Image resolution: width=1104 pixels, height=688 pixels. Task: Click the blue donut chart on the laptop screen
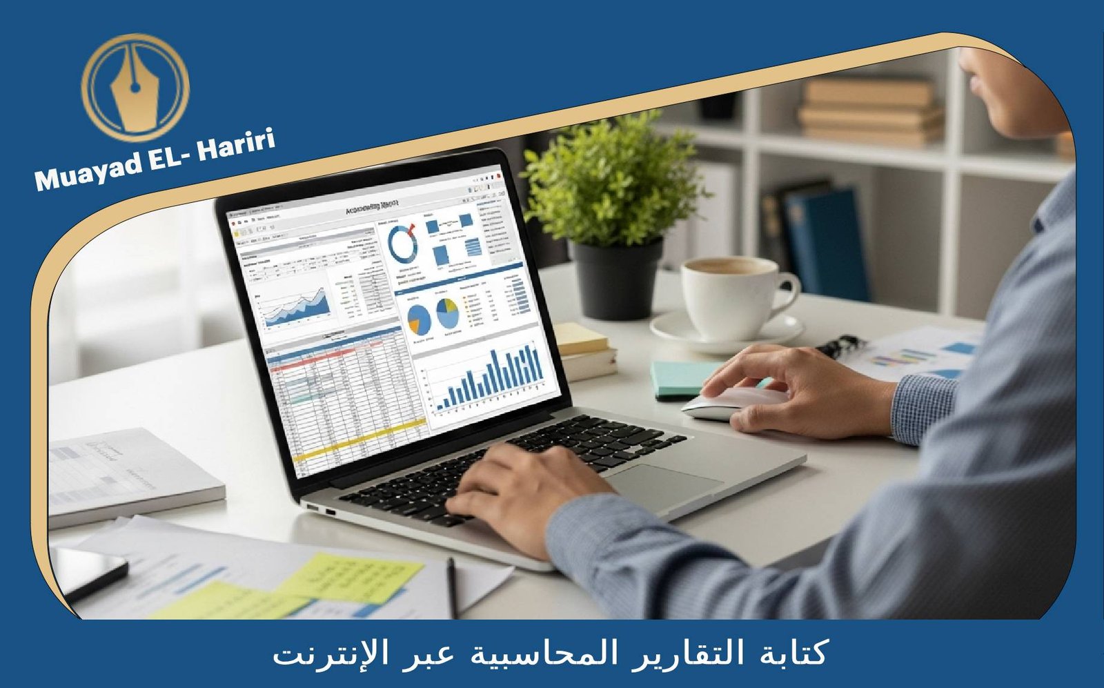click(x=403, y=243)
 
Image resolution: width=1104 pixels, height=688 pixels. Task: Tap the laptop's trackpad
click(x=662, y=486)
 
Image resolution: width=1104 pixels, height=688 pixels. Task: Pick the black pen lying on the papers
click(x=452, y=587)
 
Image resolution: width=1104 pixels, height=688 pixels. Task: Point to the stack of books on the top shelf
click(x=871, y=110)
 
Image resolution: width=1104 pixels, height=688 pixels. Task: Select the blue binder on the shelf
click(x=825, y=242)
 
